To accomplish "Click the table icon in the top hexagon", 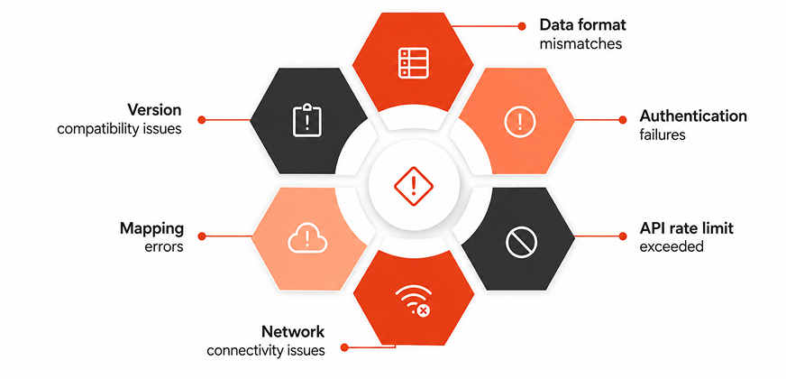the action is click(413, 63).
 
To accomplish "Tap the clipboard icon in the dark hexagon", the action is click(306, 121).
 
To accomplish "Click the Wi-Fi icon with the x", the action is click(414, 300).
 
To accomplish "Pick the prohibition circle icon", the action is click(521, 243).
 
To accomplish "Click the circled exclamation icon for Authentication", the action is click(520, 122).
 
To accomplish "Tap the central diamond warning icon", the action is click(413, 186).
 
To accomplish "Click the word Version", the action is click(154, 109).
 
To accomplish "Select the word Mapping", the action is click(152, 229).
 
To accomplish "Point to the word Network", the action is click(293, 332).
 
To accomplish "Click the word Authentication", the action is click(693, 116).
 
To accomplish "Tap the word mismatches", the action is click(580, 43).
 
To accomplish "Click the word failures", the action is click(663, 135).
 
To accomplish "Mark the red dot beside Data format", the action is click(522, 25).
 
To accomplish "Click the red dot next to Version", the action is click(202, 119).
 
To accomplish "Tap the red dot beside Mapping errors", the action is click(202, 236).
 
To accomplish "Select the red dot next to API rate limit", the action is click(623, 236).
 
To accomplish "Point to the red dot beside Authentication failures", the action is click(623, 119).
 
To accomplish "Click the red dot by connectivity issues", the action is click(344, 347).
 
